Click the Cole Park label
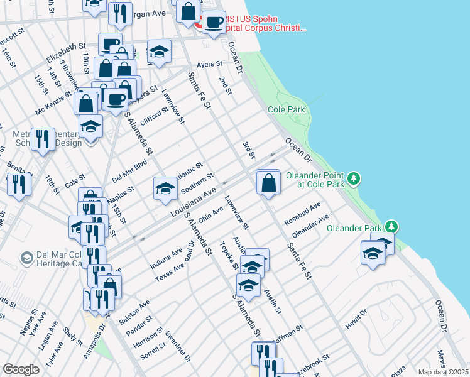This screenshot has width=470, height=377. point(287,109)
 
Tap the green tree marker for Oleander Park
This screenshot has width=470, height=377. point(392,226)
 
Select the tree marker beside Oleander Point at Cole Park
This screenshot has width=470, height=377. point(355,179)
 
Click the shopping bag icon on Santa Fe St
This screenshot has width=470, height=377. point(268,183)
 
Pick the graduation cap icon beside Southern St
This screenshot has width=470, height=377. point(165,188)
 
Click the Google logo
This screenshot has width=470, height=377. point(21,369)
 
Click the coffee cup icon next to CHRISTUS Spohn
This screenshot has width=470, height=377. point(214,23)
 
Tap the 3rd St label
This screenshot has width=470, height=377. point(249,150)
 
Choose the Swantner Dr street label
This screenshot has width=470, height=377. point(178,344)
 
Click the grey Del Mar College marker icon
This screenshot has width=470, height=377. point(26,258)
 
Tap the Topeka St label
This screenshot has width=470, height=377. point(227,254)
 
